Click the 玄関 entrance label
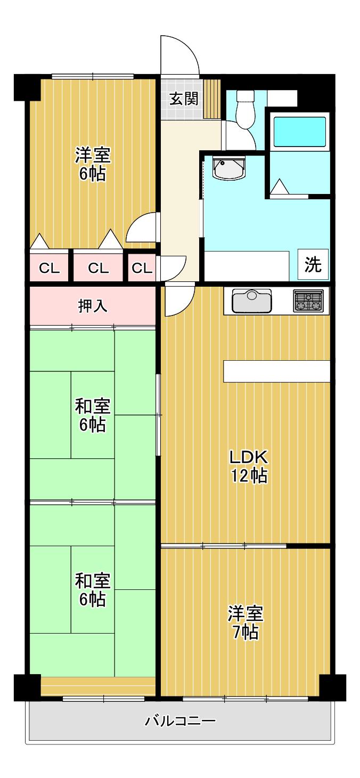click(184, 99)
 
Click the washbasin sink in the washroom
click(229, 168)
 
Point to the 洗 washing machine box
click(313, 264)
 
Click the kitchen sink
click(251, 301)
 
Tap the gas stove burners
click(308, 300)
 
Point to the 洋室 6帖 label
click(93, 164)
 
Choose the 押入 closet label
click(92, 306)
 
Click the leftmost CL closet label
click(49, 268)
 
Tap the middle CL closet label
click(98, 268)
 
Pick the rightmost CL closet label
click(142, 268)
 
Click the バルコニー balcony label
click(180, 722)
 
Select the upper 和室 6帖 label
click(92, 415)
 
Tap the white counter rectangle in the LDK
click(276, 371)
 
